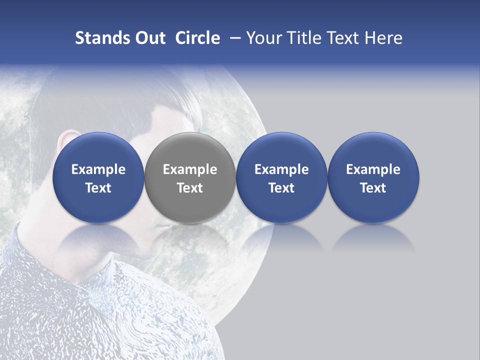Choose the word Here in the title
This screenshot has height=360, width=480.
click(x=383, y=38)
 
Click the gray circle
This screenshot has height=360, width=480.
click(x=190, y=178)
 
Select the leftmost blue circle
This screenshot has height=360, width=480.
click(x=98, y=178)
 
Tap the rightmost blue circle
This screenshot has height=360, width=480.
click(x=373, y=178)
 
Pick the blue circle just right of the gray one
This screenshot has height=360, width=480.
click(x=281, y=178)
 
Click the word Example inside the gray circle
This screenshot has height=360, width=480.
click(x=190, y=169)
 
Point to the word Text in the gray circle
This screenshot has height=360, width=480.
click(x=190, y=188)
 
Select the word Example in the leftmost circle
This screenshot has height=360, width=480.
click(x=98, y=169)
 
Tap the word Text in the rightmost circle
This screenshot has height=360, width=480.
click(x=373, y=188)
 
